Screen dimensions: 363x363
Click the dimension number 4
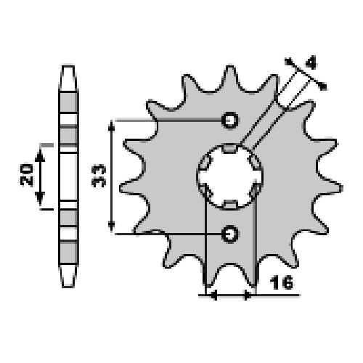[311, 62]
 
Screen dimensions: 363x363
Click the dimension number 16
[282, 282]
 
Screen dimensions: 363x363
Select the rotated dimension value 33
[99, 176]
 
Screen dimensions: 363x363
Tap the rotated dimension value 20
[26, 175]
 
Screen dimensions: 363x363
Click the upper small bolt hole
[229, 121]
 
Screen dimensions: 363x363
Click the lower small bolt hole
[229, 234]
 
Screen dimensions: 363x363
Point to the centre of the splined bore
[229, 177]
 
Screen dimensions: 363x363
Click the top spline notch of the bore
[229, 148]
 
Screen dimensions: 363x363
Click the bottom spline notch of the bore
[229, 205]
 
